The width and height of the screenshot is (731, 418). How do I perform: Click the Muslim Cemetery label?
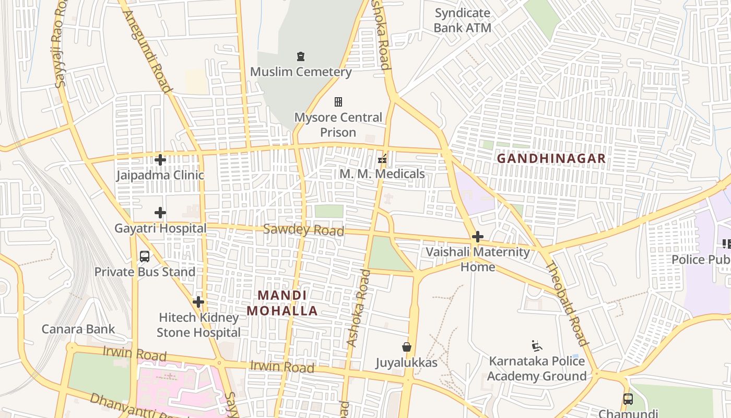[301, 72]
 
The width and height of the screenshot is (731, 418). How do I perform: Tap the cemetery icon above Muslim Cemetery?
[300, 56]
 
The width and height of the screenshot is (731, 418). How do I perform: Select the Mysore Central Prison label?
[338, 124]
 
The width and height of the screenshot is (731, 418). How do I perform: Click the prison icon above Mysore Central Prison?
[338, 101]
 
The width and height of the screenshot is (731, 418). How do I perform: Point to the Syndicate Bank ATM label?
[463, 20]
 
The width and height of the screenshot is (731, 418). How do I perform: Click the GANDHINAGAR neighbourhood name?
[551, 158]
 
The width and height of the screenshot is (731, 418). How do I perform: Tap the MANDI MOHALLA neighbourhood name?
[282, 303]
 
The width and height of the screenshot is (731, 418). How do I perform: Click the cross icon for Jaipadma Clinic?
[160, 160]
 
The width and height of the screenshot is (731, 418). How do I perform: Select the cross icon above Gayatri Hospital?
[160, 213]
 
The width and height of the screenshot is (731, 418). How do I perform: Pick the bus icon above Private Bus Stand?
[145, 257]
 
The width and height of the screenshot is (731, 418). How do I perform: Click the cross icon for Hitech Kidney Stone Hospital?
[198, 302]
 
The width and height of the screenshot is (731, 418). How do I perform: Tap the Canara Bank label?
[78, 329]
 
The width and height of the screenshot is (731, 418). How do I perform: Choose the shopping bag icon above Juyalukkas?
[406, 347]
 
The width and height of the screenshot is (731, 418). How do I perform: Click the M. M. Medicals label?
[382, 173]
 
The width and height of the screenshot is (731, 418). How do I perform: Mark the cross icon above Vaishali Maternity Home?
[477, 237]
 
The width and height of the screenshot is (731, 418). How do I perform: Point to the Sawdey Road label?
[303, 230]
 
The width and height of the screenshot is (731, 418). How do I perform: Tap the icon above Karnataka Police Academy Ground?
[536, 346]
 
